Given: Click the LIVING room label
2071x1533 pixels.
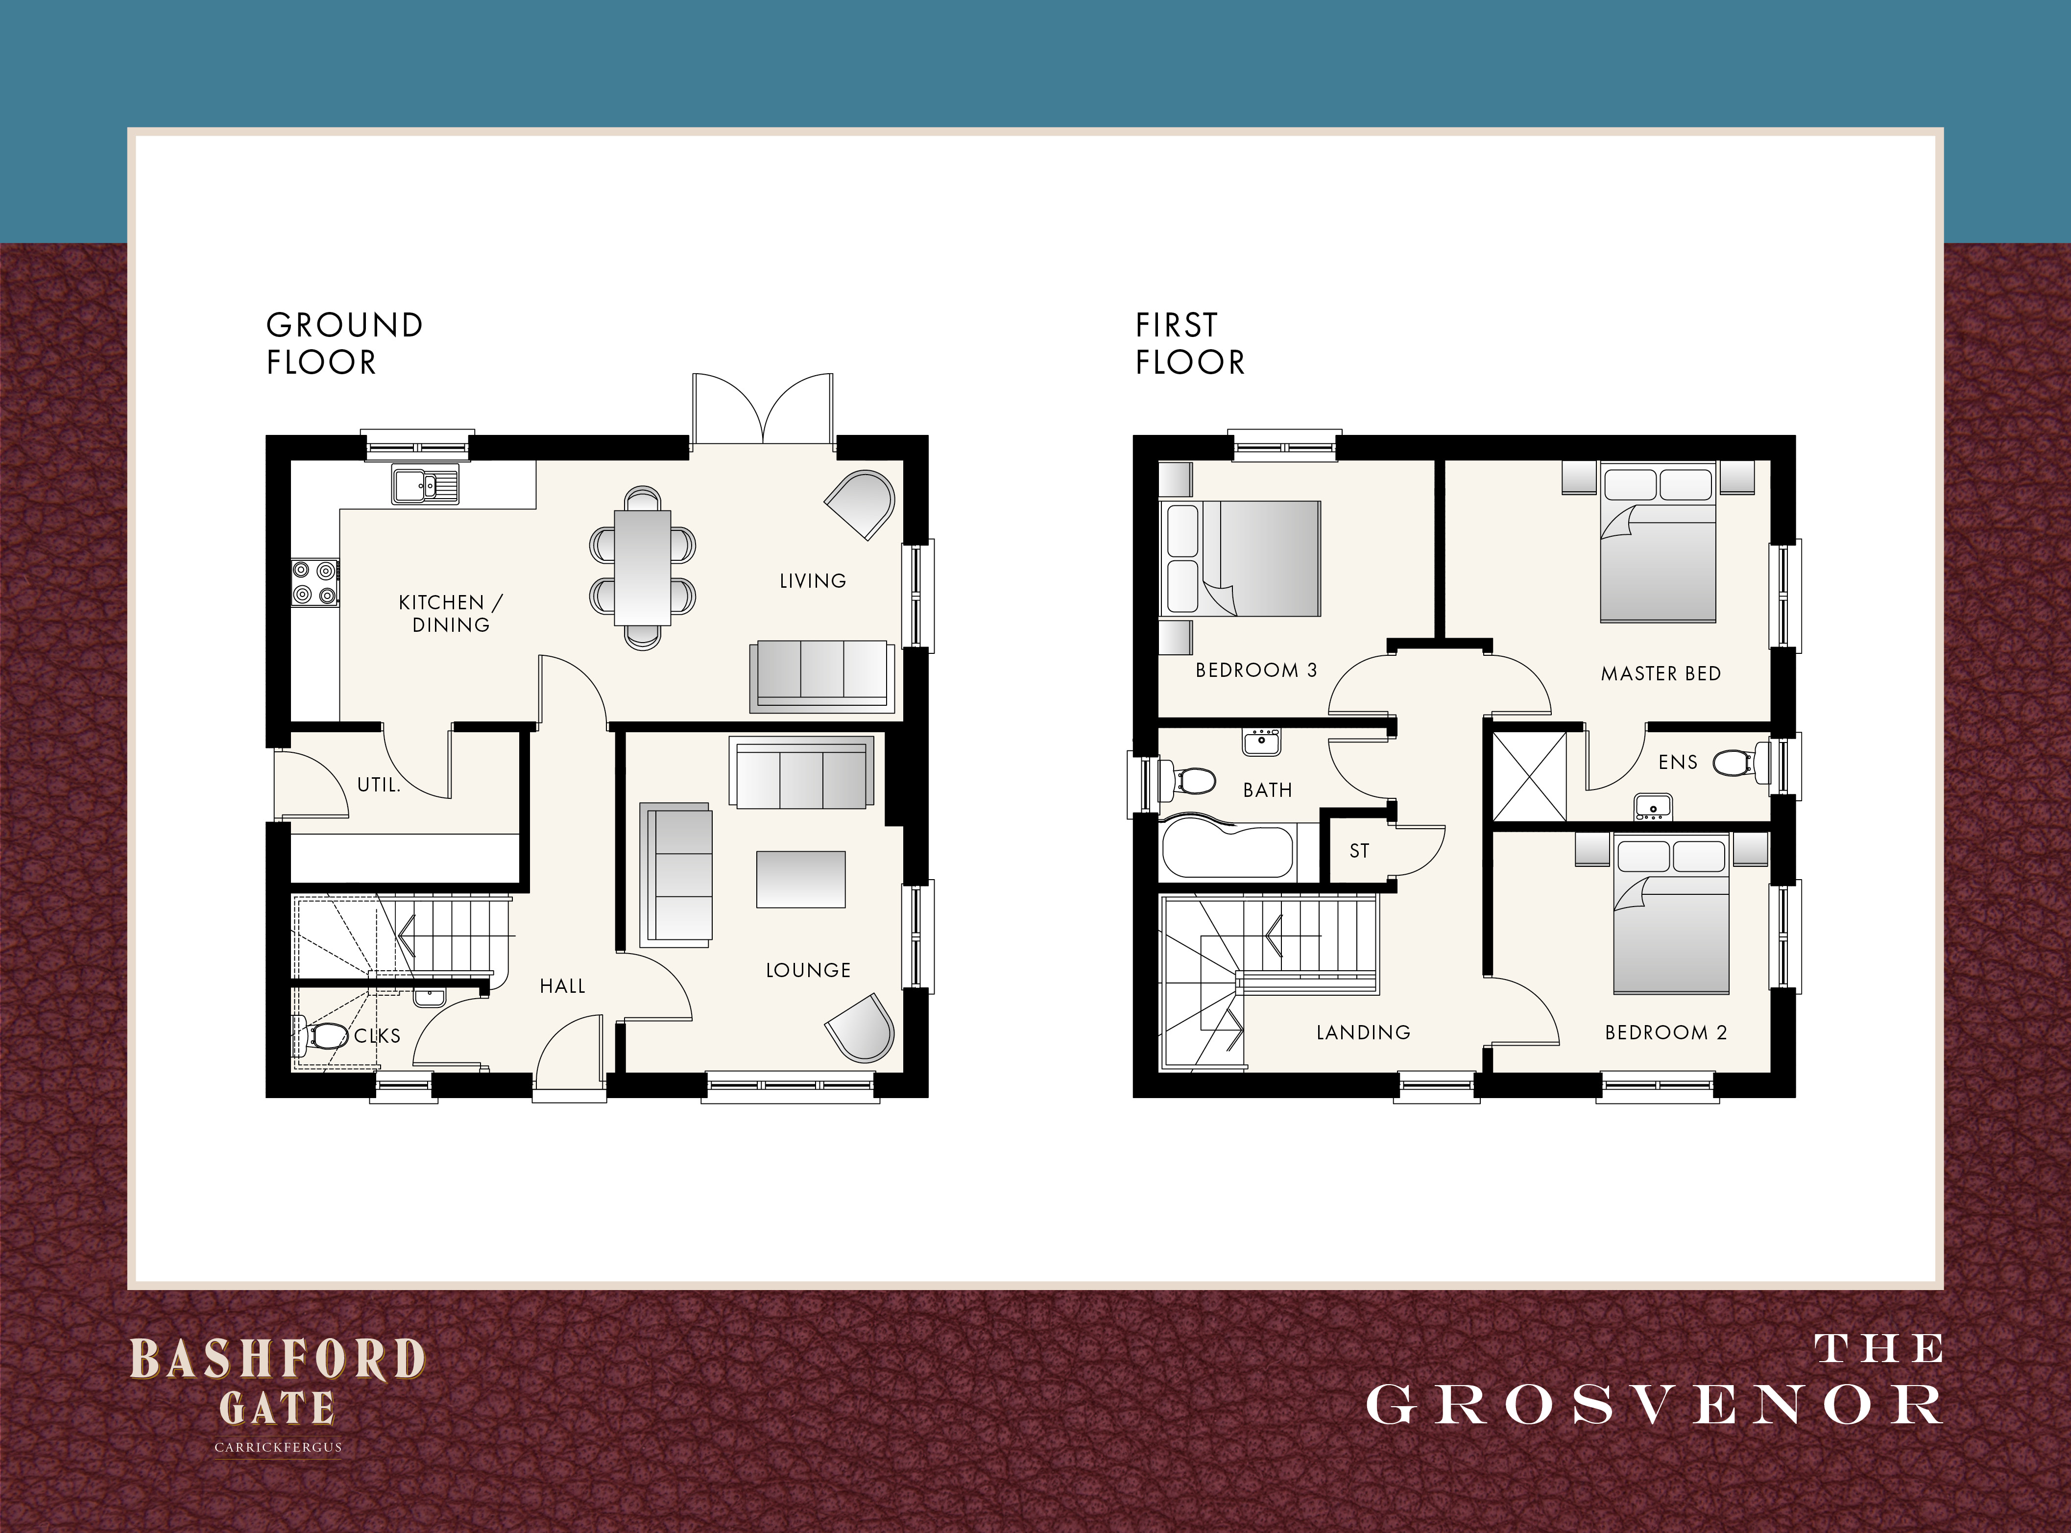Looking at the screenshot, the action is click(x=813, y=581).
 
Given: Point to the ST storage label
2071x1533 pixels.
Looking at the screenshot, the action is click(x=1359, y=851).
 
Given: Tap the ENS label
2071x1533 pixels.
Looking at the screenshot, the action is click(x=1678, y=763).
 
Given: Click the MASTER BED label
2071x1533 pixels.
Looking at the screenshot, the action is click(x=1661, y=674).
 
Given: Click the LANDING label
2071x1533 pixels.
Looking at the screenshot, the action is click(x=1363, y=1032).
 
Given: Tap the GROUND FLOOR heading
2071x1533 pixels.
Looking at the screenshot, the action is click(x=344, y=343).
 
